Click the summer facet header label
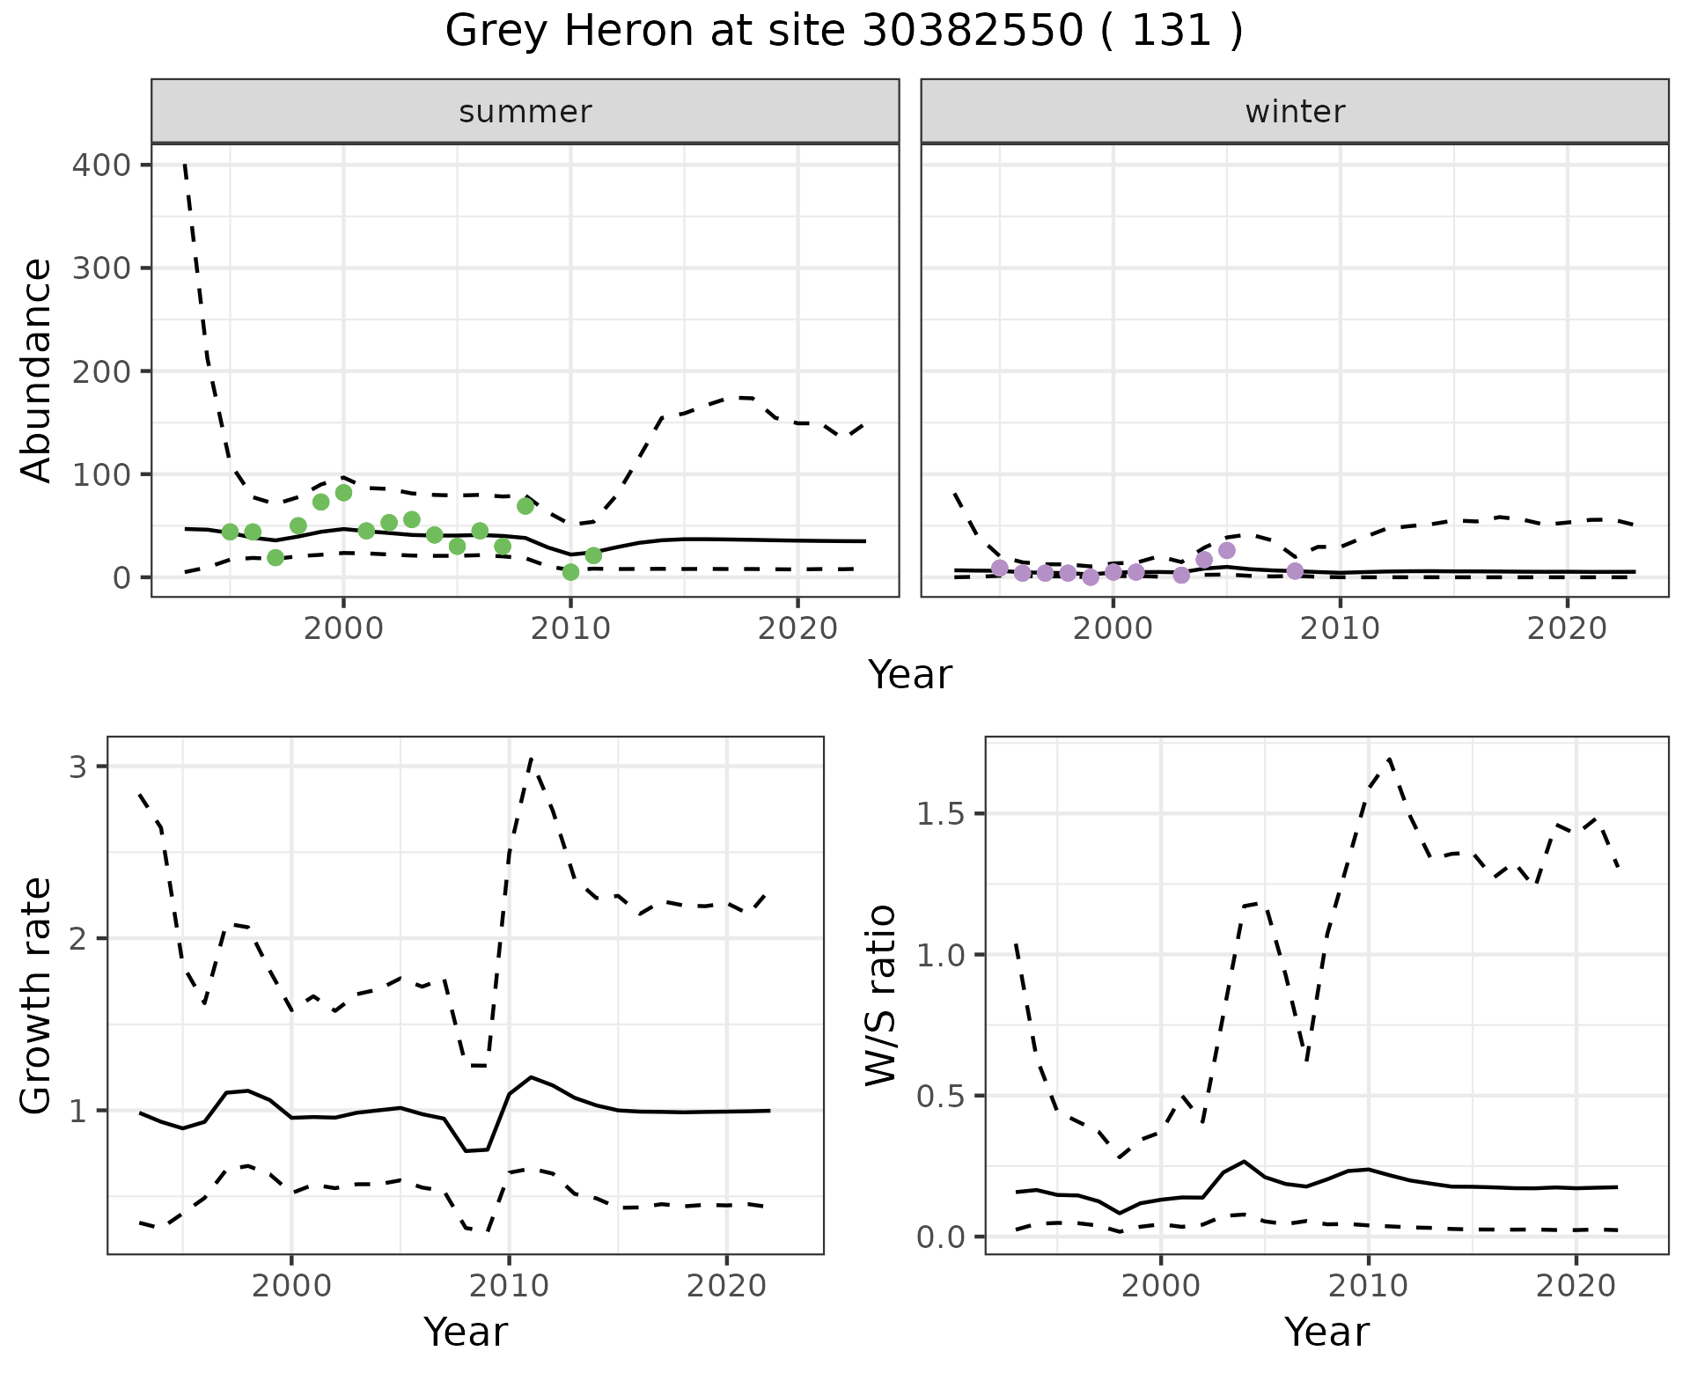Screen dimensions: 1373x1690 pos(525,112)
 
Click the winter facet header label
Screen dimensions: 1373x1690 pos(1294,112)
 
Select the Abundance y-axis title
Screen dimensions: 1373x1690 pos(36,370)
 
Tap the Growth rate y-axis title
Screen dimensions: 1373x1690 pos(36,995)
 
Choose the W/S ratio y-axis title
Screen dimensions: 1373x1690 pos(880,995)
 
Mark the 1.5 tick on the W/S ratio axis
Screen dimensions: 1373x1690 pos(942,814)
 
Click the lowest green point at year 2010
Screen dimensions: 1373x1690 pos(570,572)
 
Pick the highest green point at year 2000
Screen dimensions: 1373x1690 pos(343,493)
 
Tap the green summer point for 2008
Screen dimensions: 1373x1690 pos(525,506)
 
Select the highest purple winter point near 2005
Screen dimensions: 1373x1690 pos(1227,551)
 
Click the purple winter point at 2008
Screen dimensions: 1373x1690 pos(1295,571)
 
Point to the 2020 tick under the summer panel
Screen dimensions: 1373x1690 pos(797,628)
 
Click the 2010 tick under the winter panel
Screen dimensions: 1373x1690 pos(1340,628)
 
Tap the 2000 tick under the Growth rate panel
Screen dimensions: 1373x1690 pos(291,1286)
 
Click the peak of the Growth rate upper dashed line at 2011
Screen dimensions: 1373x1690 pos(531,759)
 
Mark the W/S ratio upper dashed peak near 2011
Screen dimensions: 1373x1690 pos(1389,758)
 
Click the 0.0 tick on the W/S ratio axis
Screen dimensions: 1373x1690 pos(942,1237)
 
